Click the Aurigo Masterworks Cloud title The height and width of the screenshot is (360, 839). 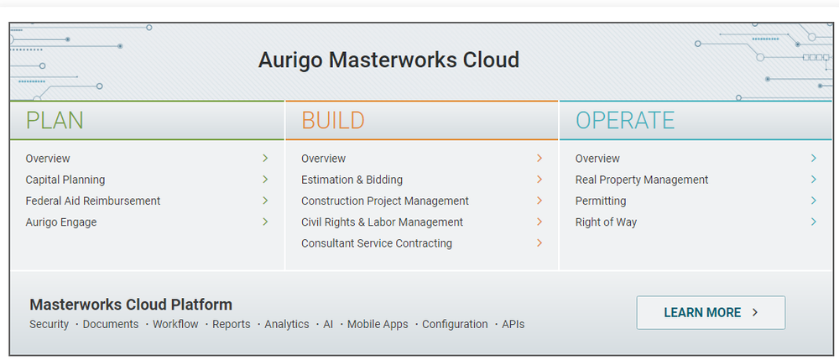[x=388, y=60]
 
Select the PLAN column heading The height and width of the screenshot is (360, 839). [x=55, y=121]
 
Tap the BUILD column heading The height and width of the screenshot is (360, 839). [x=333, y=121]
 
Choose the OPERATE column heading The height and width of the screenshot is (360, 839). [x=625, y=121]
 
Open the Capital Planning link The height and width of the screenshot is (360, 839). [x=65, y=180]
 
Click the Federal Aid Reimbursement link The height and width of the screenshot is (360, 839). [x=93, y=201]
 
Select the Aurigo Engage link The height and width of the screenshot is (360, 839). [x=61, y=222]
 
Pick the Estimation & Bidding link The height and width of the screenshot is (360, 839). [x=352, y=180]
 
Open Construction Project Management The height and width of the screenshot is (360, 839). [x=385, y=201]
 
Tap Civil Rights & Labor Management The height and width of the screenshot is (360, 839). [x=382, y=222]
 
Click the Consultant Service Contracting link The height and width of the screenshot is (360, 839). [x=377, y=243]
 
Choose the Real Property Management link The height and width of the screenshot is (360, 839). [x=642, y=180]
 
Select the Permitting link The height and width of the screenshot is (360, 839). [x=601, y=201]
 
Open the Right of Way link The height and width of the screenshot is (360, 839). [x=606, y=222]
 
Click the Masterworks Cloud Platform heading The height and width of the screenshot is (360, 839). [x=131, y=305]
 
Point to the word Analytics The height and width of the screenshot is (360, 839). [x=287, y=324]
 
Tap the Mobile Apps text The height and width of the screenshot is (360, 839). [x=378, y=324]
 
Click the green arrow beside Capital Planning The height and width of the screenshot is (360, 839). [x=265, y=180]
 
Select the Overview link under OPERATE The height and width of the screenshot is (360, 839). [x=597, y=159]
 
